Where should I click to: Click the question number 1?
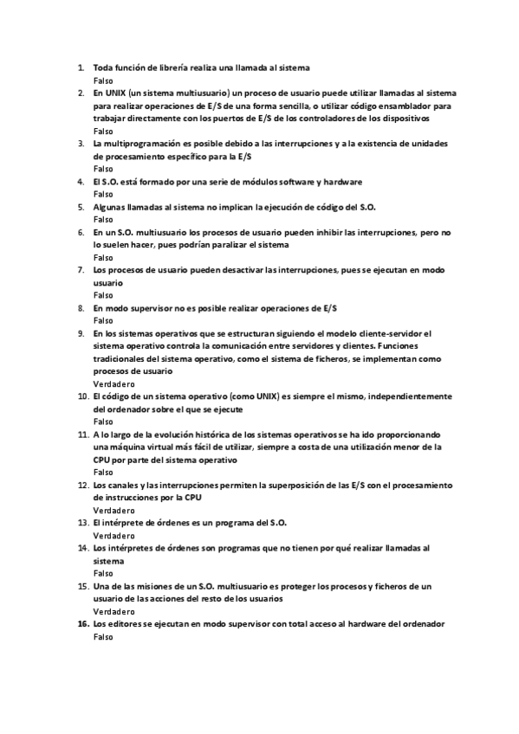[81, 67]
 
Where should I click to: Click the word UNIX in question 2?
[116, 92]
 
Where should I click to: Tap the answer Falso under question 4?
[102, 195]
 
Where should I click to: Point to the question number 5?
[81, 207]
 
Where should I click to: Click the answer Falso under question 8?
[102, 320]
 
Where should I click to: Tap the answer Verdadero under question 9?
[114, 383]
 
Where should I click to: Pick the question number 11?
[83, 434]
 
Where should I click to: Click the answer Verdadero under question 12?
[114, 511]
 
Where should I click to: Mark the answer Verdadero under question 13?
[114, 536]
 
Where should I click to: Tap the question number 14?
[83, 548]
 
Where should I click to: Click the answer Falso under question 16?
[102, 636]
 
